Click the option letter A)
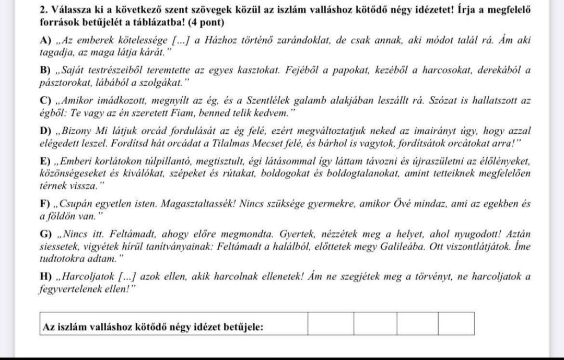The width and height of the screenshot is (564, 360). click(x=45, y=43)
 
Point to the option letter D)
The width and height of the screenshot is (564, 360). click(x=45, y=130)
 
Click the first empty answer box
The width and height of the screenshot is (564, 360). click(x=330, y=324)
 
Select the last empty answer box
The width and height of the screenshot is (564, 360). click(x=456, y=324)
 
